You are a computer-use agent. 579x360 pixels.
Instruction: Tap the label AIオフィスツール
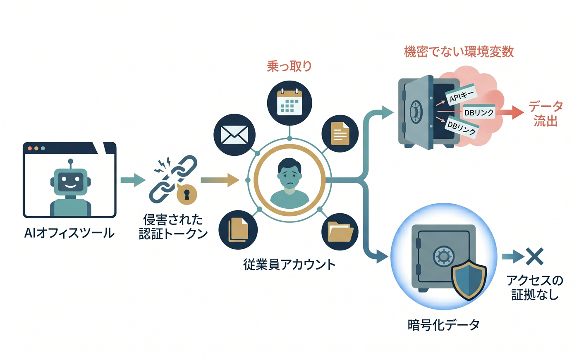69,233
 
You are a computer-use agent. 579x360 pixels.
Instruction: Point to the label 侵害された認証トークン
173,226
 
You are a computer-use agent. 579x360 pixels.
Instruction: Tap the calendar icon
289,101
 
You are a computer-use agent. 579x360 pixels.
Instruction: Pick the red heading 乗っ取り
289,66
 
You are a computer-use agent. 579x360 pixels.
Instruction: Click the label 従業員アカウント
289,265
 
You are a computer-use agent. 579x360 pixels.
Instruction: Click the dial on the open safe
416,111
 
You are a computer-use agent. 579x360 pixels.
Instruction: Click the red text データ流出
546,113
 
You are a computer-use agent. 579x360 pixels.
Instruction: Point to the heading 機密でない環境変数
459,52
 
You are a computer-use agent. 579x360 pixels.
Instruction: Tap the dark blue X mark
534,256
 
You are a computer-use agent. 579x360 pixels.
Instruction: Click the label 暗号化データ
443,325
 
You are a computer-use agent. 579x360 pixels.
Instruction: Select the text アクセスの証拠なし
535,287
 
